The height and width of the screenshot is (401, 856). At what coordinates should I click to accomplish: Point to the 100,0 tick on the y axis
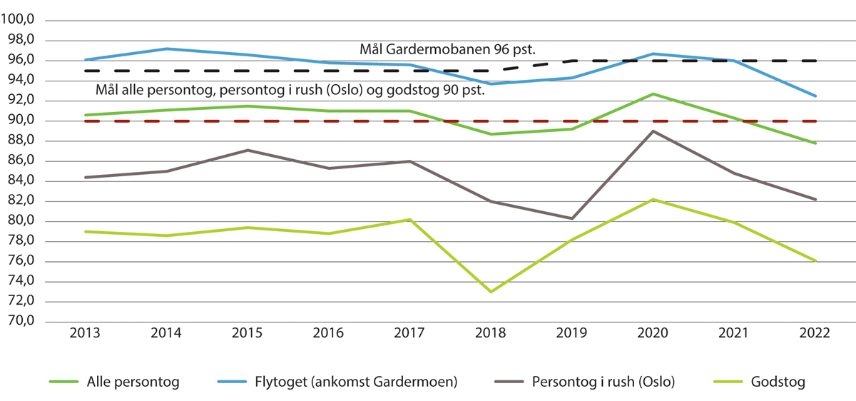click(x=19, y=20)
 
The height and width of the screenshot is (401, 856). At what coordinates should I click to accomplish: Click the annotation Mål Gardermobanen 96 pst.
click(x=447, y=50)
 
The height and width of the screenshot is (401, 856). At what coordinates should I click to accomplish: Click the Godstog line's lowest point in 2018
click(x=491, y=292)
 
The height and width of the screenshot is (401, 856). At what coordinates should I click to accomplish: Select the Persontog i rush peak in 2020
click(x=653, y=131)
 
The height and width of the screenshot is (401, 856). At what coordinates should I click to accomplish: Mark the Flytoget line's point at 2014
click(x=166, y=49)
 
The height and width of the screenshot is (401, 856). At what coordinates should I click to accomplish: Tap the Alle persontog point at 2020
click(x=653, y=94)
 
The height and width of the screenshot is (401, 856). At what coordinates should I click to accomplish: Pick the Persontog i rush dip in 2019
click(x=572, y=218)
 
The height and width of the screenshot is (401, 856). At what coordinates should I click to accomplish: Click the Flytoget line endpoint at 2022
click(x=815, y=96)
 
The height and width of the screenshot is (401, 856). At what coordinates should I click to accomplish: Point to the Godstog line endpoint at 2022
click(x=815, y=260)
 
